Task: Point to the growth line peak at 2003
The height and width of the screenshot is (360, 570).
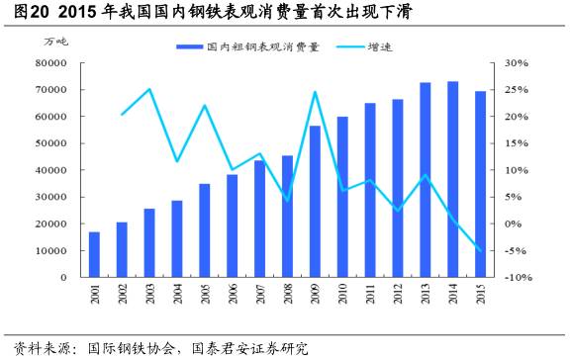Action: (x=149, y=89)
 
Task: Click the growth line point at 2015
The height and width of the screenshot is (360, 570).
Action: (x=480, y=250)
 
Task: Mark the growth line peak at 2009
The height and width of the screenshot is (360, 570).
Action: (x=315, y=92)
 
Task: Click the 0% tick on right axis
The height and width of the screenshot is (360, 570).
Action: (x=514, y=224)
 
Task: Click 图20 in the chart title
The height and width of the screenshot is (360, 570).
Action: (x=26, y=13)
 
